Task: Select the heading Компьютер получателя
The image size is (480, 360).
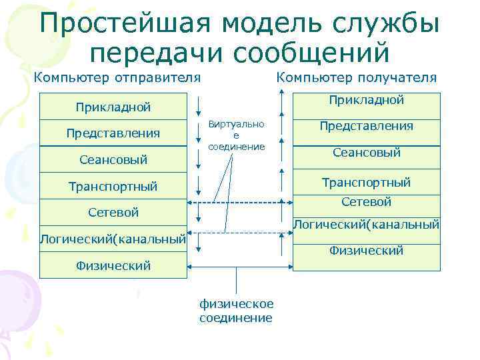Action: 356,77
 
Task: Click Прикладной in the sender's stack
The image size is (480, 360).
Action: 113,107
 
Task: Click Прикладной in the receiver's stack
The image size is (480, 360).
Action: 366,100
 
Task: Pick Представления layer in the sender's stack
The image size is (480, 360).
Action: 113,133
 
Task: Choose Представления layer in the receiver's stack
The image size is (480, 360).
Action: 366,126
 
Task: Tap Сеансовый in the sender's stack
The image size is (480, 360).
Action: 113,160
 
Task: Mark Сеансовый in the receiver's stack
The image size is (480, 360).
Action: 366,153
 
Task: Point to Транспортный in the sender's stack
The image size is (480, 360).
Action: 113,186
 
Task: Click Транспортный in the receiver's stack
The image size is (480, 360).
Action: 366,182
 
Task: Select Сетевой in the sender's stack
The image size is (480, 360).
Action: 113,213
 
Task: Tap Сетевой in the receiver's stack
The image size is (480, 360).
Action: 366,201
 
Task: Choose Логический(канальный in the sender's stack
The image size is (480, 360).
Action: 113,239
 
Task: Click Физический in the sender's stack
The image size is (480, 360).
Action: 113,265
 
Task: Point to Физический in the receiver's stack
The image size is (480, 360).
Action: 366,251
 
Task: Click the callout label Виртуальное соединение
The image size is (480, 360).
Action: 236,135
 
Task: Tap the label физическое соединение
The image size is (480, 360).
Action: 236,311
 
